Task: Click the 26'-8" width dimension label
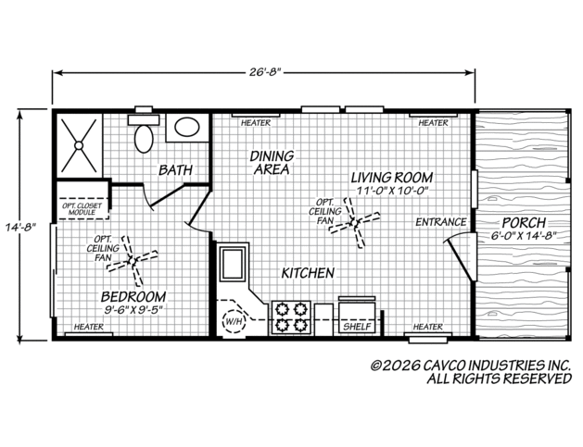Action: click(264, 71)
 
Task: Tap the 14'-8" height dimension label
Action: click(20, 227)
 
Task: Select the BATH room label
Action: click(176, 170)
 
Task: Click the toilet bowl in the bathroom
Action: click(144, 139)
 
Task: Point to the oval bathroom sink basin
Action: click(187, 127)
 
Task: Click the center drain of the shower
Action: click(79, 145)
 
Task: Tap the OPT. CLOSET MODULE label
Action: click(82, 209)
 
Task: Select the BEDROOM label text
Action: click(133, 297)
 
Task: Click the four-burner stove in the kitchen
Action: click(291, 317)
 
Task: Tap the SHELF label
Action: click(358, 327)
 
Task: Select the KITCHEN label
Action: click(308, 273)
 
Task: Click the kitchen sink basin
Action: click(234, 263)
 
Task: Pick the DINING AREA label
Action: click(272, 163)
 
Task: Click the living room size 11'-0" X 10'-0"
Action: click(393, 191)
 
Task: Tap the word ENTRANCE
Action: click(441, 222)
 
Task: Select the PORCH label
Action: click(524, 223)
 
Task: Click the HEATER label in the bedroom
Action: click(89, 327)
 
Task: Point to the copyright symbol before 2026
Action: click(376, 366)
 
